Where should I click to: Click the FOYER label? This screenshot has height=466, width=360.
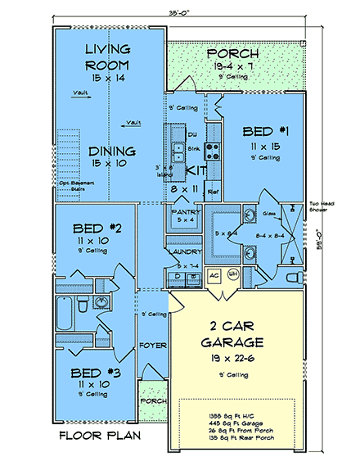(153, 346)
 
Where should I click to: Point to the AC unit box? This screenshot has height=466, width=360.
(214, 276)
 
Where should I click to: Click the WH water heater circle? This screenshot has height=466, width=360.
(232, 275)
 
